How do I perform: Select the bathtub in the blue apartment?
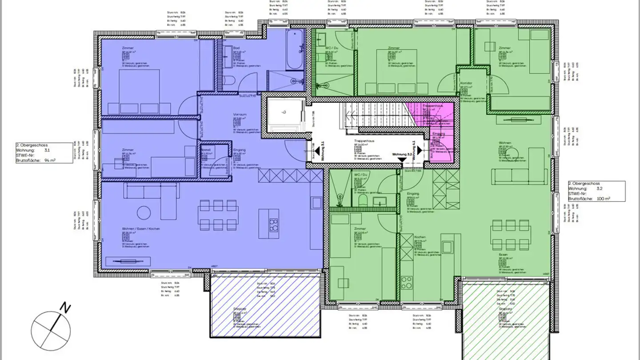295,50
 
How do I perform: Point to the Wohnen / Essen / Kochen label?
134,229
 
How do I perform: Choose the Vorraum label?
240,115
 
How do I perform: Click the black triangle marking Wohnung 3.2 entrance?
402,160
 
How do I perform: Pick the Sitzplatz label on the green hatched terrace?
506,308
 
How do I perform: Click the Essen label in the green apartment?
503,255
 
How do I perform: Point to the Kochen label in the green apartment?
420,237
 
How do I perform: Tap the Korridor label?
466,83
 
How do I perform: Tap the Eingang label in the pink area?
438,134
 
